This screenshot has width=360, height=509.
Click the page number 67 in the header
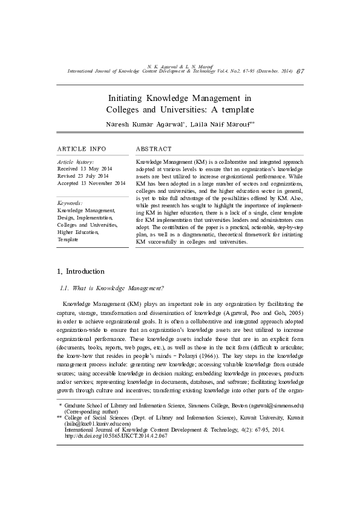pos(300,71)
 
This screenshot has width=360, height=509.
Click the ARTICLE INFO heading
pos(82,149)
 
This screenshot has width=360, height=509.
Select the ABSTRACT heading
pos(154,149)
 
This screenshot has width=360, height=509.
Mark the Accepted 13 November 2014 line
pos(91,183)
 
